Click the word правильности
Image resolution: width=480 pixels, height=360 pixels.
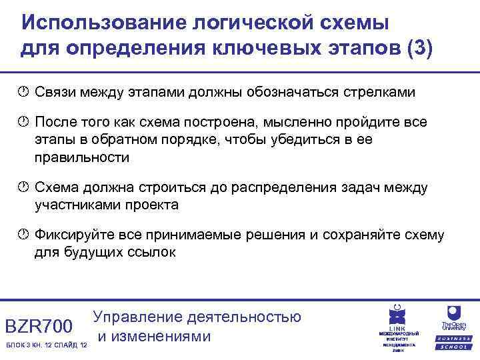pos(82,157)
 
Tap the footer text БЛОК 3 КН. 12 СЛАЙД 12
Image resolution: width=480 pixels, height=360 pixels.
pos(45,345)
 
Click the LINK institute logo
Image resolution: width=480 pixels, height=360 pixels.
pos(398,327)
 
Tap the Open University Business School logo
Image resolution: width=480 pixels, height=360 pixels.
pos(453,327)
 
